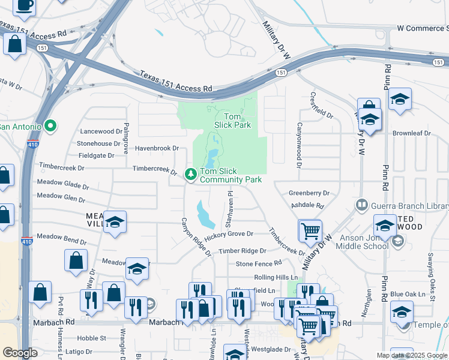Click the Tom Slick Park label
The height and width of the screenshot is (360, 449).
pyautogui.click(x=232, y=121)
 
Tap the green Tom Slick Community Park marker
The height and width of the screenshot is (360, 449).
pyautogui.click(x=191, y=174)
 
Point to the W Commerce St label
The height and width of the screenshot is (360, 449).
pyautogui.click(x=423, y=28)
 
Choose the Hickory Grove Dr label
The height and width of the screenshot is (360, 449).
pyautogui.click(x=229, y=233)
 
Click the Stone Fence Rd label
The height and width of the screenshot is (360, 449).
pyautogui.click(x=259, y=263)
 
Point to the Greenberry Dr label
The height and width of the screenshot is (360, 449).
pyautogui.click(x=309, y=193)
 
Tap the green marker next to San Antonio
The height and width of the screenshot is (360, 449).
pyautogui.click(x=50, y=126)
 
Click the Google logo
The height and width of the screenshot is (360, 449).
pyautogui.click(x=20, y=353)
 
